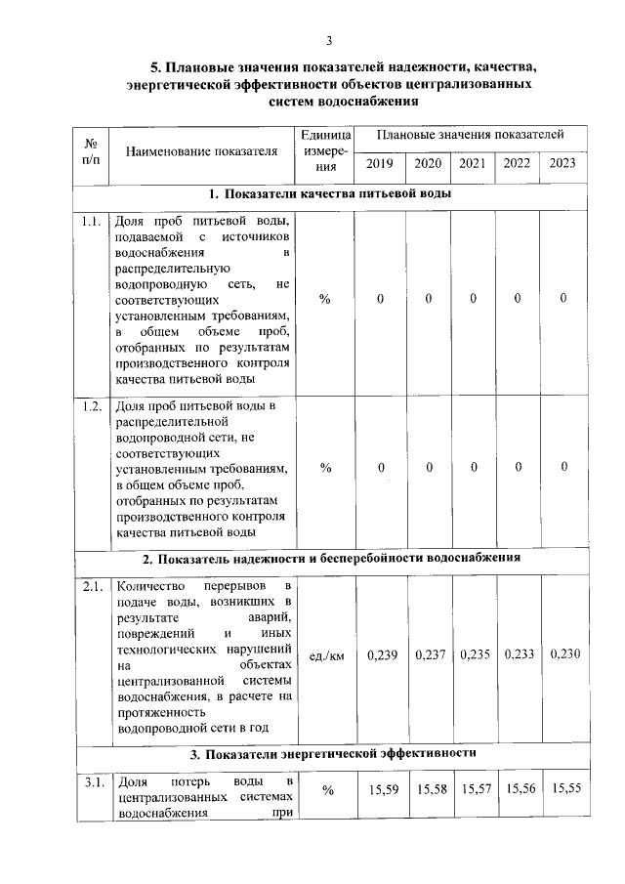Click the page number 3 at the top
329,40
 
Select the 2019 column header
381,163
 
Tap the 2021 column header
473,163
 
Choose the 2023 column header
562,163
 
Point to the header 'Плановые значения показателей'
471,134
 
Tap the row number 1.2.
93,406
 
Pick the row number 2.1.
93,587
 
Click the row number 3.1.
93,782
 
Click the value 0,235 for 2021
475,654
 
